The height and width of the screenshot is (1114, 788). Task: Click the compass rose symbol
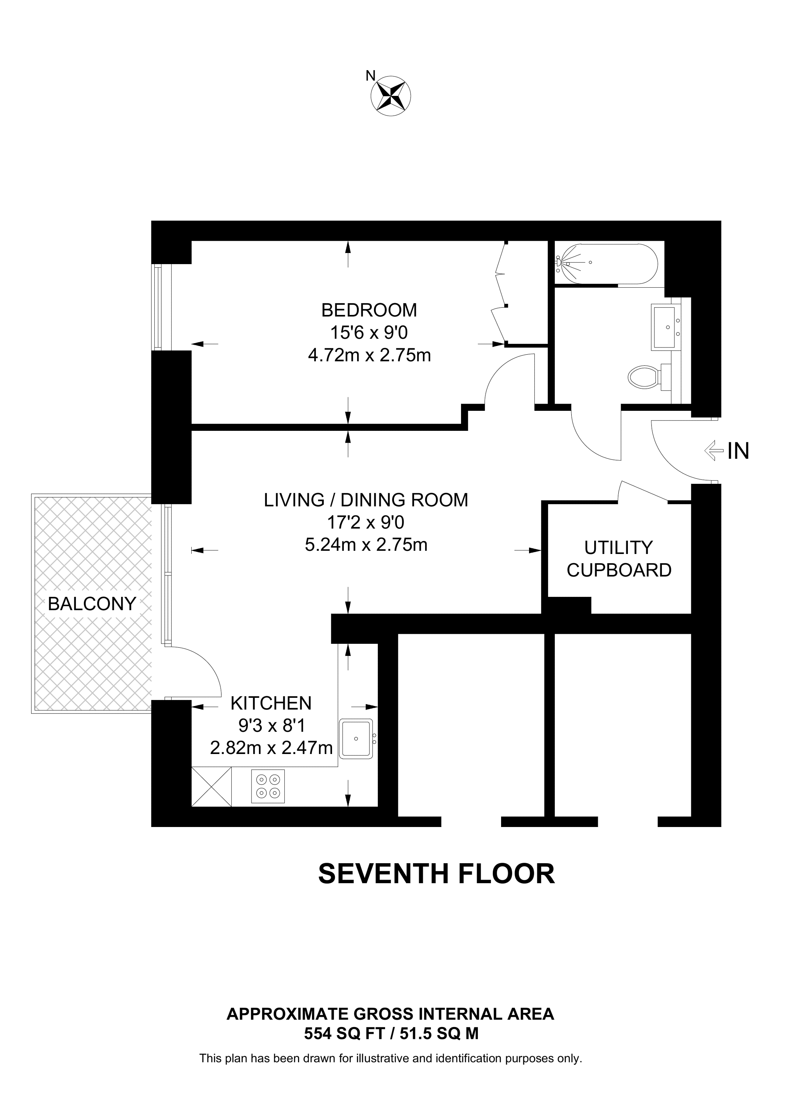[390, 96]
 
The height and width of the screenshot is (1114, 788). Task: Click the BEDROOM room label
[369, 310]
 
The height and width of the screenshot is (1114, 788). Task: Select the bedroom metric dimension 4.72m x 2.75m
[369, 356]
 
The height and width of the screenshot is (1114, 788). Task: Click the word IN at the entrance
[738, 451]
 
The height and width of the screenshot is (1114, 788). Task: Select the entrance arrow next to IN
[714, 450]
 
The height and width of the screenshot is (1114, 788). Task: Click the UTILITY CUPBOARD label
[619, 559]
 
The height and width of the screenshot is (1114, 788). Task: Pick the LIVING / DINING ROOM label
[366, 500]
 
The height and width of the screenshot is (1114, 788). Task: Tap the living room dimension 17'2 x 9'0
[366, 522]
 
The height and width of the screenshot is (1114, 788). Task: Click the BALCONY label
[92, 604]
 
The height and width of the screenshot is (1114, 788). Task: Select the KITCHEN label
[270, 703]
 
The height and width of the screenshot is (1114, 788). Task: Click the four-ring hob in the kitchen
[268, 786]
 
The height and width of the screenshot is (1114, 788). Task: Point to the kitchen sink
[356, 739]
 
